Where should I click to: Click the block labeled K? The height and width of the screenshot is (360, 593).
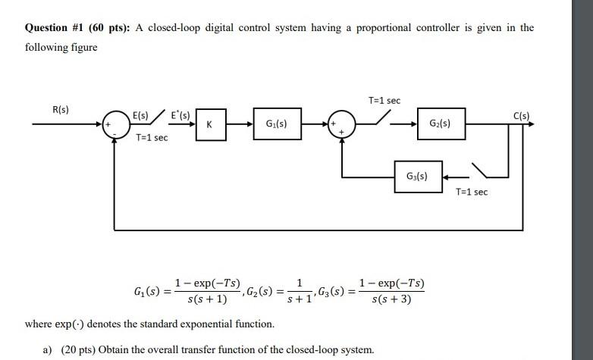209,124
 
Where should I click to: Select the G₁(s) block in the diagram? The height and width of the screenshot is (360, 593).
276,124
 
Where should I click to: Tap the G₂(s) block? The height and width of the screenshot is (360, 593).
440,124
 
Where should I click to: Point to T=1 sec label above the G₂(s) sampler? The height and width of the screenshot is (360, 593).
384,101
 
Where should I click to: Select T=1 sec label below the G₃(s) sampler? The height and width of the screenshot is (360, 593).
472,192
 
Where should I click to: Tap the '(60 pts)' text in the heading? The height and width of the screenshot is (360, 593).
113,28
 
